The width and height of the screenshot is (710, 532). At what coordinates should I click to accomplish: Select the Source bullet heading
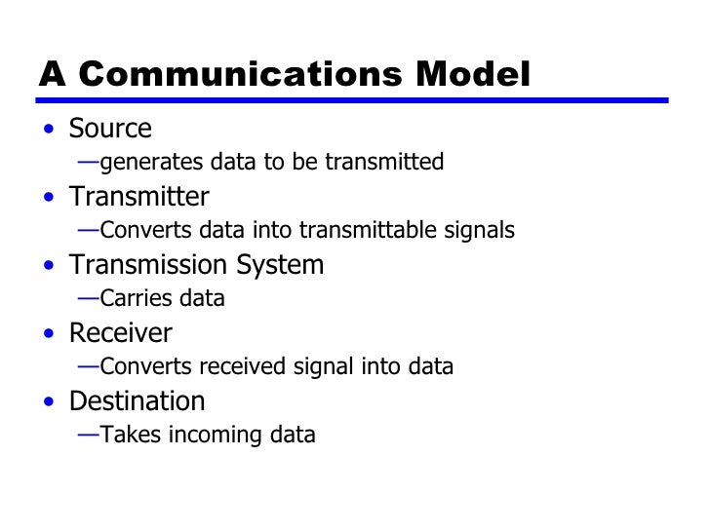pos(110,130)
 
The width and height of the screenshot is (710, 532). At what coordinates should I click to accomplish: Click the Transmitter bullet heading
pos(138,198)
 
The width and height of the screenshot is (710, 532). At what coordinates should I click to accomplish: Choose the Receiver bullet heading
pos(120,334)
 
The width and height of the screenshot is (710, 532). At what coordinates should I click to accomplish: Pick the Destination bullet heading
pos(137,402)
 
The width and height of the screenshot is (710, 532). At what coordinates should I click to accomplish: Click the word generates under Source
pos(142,163)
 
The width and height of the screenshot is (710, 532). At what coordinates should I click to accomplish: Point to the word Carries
pos(132,299)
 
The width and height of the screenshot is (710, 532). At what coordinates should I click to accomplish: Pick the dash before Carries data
pos(88,298)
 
